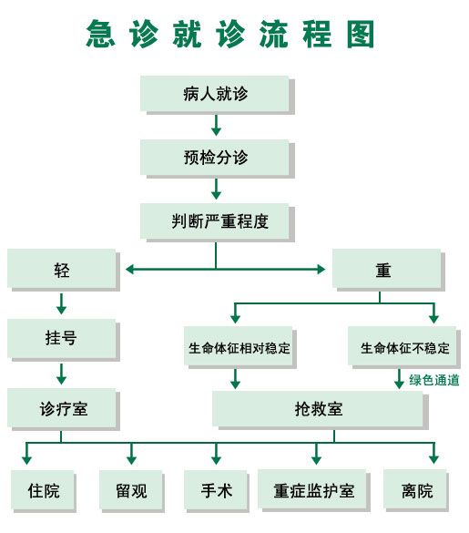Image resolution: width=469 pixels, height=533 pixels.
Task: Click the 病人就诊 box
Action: tap(217, 95)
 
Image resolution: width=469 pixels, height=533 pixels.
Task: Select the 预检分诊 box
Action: tap(217, 159)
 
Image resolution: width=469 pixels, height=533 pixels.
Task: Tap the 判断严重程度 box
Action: tap(217, 222)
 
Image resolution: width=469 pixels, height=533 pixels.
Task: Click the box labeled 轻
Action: tap(64, 270)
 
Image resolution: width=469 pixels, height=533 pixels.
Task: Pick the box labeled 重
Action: tap(389, 270)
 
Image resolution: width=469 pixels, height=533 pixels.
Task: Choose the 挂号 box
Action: tap(64, 340)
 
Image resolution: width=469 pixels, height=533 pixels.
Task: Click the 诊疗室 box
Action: tap(64, 409)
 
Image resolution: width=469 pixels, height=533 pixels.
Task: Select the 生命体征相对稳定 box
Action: tap(240, 347)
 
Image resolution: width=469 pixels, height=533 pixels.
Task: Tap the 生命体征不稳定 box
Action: tap(404, 347)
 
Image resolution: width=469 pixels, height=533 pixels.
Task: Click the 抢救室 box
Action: tap(321, 410)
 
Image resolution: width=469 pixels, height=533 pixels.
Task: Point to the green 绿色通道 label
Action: tap(434, 380)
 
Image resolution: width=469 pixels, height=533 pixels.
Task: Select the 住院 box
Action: tap(44, 491)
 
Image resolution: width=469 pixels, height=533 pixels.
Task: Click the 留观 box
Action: tap(132, 491)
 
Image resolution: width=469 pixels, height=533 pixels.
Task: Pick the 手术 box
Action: tap(217, 491)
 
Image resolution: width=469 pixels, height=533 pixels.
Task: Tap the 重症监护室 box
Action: tap(313, 490)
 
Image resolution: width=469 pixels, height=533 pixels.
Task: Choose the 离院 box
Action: tap(416, 490)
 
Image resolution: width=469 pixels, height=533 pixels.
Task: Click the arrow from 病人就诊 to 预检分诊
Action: tap(216, 125)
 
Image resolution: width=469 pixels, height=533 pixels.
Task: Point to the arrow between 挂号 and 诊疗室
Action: tap(61, 374)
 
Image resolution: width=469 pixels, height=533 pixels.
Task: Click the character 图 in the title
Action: tap(361, 34)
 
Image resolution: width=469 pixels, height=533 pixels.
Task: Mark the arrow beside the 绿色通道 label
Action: tap(399, 379)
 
